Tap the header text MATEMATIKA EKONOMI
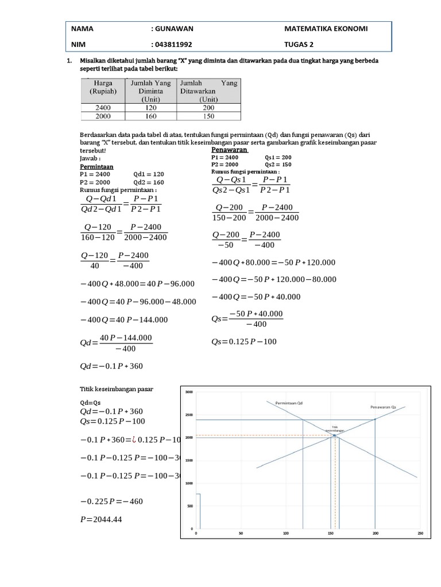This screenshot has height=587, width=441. tap(326, 28)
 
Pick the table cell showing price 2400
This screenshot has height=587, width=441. tap(103, 107)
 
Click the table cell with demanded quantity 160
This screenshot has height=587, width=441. tap(151, 116)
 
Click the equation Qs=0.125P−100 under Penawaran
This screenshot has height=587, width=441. tap(244, 342)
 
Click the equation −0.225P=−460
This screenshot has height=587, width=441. tap(111, 501)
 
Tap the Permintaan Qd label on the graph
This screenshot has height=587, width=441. tap(288, 403)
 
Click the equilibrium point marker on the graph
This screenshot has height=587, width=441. tap(334, 436)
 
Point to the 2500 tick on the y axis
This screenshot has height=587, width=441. tap(189, 415)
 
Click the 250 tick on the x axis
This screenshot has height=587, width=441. tap(421, 534)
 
